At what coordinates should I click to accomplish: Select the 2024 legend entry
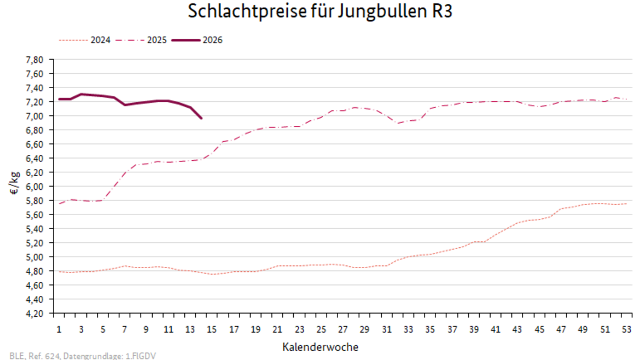tap(100, 40)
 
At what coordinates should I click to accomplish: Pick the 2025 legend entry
tap(156, 40)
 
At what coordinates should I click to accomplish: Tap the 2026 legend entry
tap(212, 40)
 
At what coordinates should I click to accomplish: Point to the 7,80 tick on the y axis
tap(34, 59)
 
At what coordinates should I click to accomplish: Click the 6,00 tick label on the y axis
tap(34, 187)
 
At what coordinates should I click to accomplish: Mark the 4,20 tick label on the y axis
tap(34, 313)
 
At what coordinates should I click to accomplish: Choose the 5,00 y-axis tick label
tap(34, 257)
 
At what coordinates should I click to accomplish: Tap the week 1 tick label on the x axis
tap(59, 329)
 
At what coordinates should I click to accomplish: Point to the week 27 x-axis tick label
tap(343, 329)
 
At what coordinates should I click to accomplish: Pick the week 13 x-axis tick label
tap(190, 329)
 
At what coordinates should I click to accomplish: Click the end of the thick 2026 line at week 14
tap(201, 118)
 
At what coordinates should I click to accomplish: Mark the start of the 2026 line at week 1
tap(59, 99)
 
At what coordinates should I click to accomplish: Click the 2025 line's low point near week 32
tap(398, 123)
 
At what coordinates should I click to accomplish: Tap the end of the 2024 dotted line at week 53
tap(626, 204)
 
